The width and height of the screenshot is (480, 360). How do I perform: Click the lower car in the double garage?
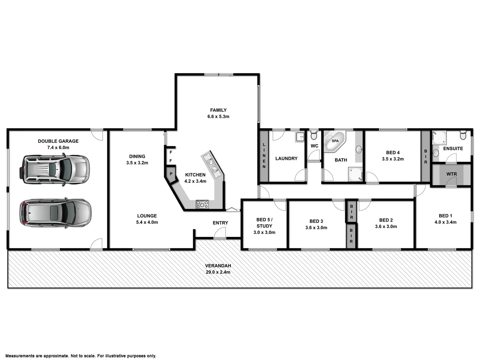point(55,213)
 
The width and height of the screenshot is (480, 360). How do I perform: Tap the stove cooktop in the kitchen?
point(202,204)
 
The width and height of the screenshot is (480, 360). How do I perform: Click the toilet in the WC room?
point(314,135)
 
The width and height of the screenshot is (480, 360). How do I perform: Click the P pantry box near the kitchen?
point(171,174)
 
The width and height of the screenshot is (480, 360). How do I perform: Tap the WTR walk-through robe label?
point(451,174)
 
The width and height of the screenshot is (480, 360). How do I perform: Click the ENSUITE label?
point(453,148)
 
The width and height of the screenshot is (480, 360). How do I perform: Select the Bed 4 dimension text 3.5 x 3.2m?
point(393,159)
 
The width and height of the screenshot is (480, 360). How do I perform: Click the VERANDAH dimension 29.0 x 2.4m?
point(218,272)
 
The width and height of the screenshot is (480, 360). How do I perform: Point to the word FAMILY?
point(218,110)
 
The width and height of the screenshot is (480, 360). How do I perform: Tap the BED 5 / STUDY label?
point(264,223)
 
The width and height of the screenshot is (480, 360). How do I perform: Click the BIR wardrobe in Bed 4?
point(425,156)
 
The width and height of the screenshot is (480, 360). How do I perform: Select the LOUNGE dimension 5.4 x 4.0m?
point(147,222)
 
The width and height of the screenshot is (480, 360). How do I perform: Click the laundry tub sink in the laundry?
point(300,136)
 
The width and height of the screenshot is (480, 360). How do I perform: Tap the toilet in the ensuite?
point(463,135)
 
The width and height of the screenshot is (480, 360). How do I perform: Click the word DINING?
point(137,156)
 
